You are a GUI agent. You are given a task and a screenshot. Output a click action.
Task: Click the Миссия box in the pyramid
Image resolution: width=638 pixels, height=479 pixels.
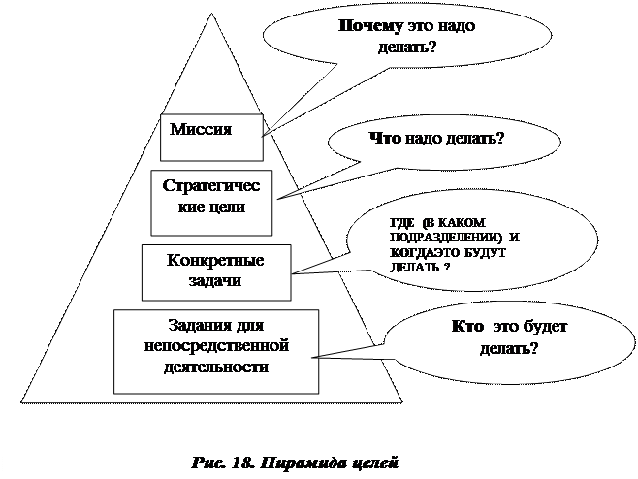point(211,135)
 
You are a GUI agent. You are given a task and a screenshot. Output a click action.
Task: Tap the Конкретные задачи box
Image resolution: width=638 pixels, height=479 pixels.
point(215,271)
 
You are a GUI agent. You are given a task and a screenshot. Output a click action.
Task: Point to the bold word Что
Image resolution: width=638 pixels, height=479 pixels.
point(385,139)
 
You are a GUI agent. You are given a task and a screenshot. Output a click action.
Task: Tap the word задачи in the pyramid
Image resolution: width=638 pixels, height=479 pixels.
point(215,280)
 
